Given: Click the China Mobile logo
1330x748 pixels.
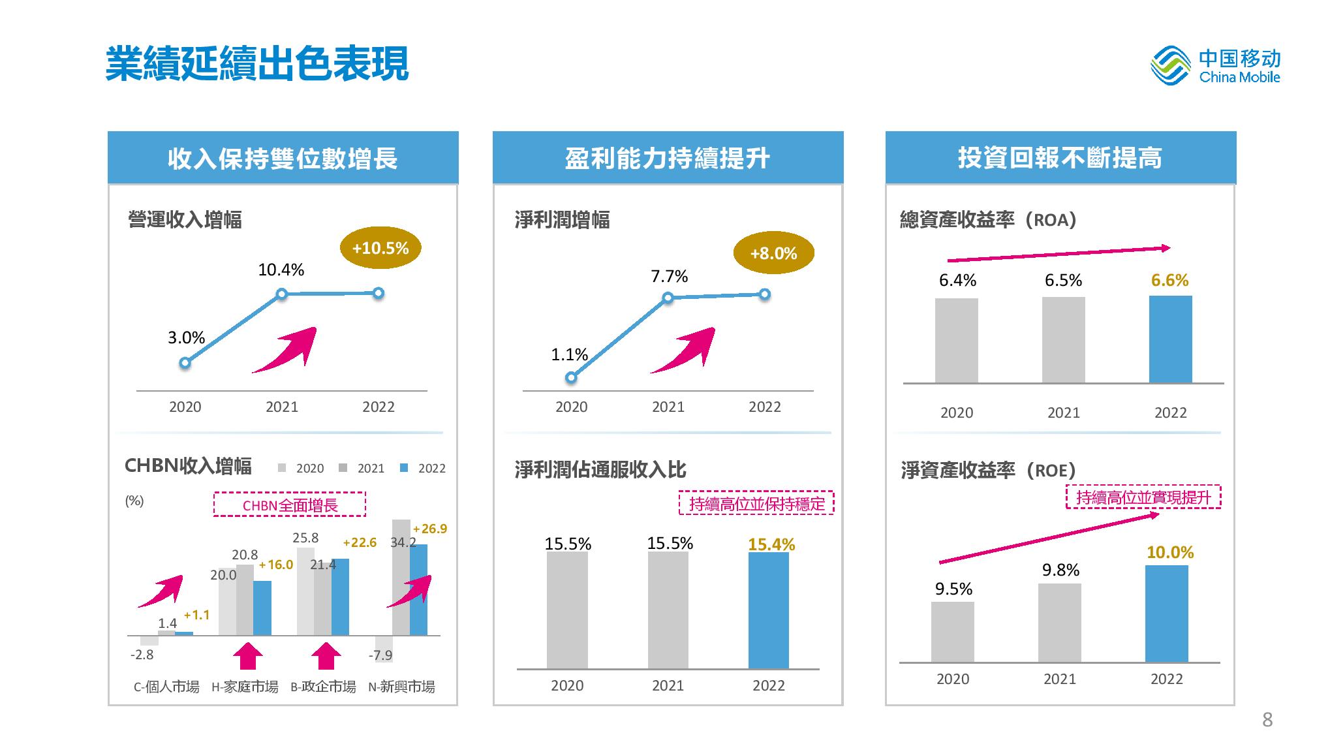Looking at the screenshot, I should pos(1214,67).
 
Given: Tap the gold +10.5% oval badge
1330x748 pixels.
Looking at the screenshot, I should pos(380,248).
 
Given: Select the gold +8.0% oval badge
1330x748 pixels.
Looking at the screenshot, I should pos(773,253).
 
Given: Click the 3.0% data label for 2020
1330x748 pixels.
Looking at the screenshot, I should pos(187,338).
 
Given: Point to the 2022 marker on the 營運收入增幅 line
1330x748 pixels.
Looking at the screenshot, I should pos(379,294).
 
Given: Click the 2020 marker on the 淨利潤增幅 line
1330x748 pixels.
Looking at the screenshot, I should pos(571,377).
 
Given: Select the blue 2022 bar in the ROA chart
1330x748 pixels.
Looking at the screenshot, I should pos(1170,339).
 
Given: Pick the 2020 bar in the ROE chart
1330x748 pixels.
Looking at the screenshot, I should pos(953,632).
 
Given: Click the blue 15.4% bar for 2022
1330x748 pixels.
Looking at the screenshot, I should pos(768,610).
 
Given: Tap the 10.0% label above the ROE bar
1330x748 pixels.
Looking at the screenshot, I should pos(1170,553).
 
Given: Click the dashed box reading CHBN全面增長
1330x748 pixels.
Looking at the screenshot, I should pos(290,505).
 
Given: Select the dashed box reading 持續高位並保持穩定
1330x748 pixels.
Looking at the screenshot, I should pos(756,503).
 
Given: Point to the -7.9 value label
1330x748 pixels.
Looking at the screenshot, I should pos(380,655).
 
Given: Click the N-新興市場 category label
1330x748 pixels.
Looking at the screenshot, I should pos(401,687).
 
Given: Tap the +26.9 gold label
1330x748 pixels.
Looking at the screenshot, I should pos(430,529).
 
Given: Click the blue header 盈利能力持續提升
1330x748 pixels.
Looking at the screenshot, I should pos(668,158).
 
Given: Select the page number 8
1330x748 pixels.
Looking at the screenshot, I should pos(1267,719).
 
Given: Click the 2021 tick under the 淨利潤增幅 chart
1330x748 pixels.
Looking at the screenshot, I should pos(668,407).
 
